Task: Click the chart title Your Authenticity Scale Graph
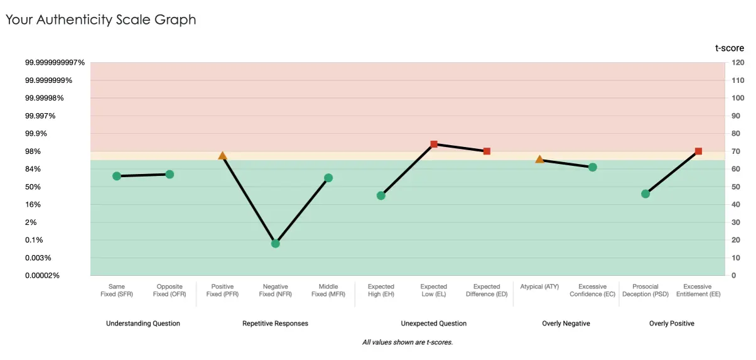pos(100,19)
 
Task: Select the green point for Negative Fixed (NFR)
pos(276,244)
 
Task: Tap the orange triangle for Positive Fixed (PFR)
pos(222,156)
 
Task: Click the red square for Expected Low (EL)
pos(434,145)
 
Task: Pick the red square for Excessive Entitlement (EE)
pos(698,151)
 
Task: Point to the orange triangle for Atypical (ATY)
pos(539,160)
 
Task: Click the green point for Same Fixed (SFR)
pos(117,176)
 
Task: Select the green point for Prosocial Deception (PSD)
pos(645,194)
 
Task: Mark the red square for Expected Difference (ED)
pos(487,151)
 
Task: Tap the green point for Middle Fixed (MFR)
pos(328,178)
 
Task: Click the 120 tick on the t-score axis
pos(738,62)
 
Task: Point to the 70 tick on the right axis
pos(735,151)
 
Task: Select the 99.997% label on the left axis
pos(40,116)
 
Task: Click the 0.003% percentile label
pos(38,258)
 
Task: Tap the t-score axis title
pos(730,48)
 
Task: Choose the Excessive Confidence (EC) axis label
pos(592,290)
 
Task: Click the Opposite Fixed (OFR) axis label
pos(170,290)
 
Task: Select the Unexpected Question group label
pos(434,324)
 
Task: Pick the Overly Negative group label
pos(566,324)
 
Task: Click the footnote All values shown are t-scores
pos(408,342)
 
